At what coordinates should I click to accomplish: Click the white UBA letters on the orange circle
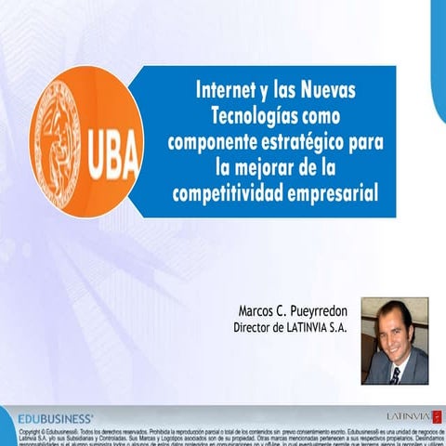(111, 148)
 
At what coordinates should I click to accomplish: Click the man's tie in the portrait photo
(395, 374)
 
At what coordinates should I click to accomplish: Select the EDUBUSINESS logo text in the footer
(57, 417)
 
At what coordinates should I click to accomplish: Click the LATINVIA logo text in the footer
(407, 415)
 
